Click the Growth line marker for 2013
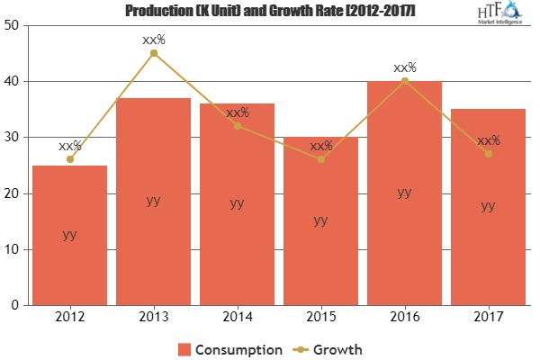pyautogui.click(x=153, y=53)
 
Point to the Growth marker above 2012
pyautogui.click(x=69, y=159)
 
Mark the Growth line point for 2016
pyautogui.click(x=404, y=81)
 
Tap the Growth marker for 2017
pyautogui.click(x=488, y=154)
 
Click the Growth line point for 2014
pyautogui.click(x=237, y=126)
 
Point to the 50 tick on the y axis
pyautogui.click(x=13, y=25)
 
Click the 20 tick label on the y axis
pyautogui.click(x=13, y=193)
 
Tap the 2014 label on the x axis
pyautogui.click(x=237, y=317)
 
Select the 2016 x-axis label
pyautogui.click(x=404, y=317)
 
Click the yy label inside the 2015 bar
pyautogui.click(x=320, y=219)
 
